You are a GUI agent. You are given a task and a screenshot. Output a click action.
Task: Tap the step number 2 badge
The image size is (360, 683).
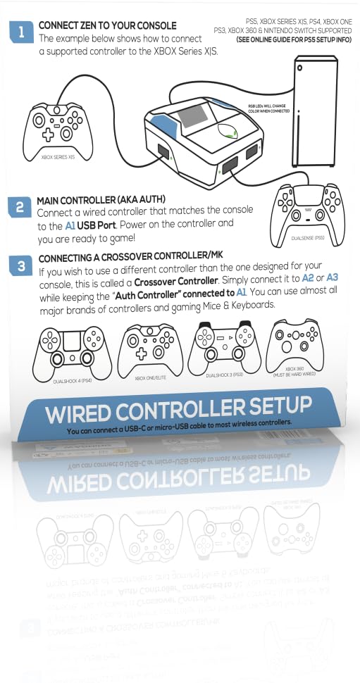19,208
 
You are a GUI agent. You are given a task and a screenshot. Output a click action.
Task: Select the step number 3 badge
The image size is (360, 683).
21,265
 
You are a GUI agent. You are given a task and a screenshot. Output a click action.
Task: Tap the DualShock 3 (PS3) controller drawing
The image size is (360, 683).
224,345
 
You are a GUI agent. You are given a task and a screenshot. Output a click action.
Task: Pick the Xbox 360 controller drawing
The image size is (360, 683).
294,341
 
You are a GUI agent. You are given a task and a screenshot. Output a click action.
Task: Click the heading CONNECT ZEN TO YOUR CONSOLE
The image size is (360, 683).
107,26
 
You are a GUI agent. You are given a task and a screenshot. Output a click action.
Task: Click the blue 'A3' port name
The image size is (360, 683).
332,278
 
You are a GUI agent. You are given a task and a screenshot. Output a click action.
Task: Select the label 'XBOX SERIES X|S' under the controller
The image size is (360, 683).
58,157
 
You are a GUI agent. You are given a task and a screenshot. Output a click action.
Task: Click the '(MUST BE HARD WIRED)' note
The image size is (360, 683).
294,374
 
